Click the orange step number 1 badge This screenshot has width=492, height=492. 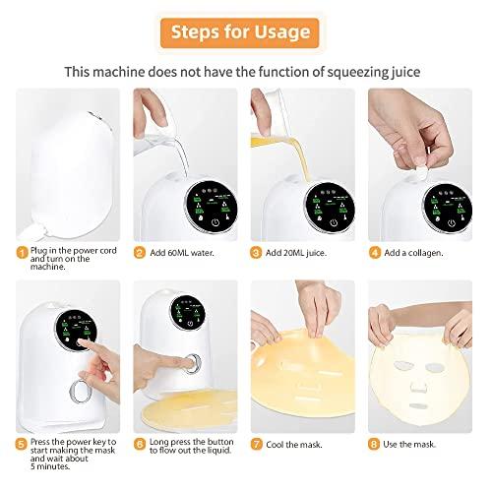pyautogui.click(x=21, y=252)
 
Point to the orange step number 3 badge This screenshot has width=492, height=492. pyautogui.click(x=257, y=252)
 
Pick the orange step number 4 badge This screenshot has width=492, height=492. pyautogui.click(x=375, y=252)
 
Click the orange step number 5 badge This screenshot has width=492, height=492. pyautogui.click(x=21, y=443)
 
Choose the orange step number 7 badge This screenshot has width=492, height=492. pyautogui.click(x=257, y=443)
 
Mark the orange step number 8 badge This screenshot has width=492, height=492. pyautogui.click(x=375, y=443)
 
